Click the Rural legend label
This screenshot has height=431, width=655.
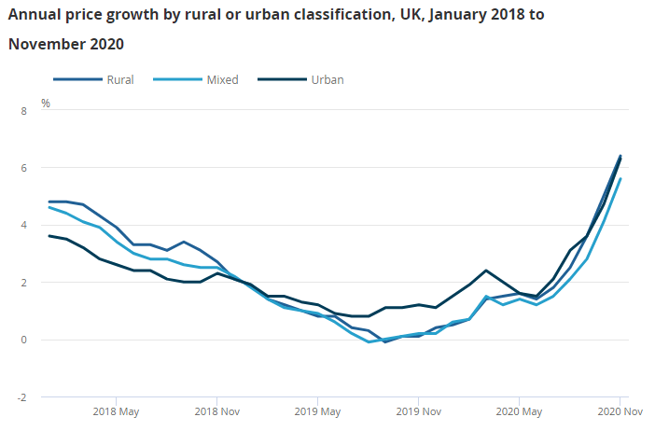point(120,79)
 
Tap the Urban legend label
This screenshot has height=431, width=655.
point(327,79)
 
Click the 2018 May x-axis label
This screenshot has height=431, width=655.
point(117,411)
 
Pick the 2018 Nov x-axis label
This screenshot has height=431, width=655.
point(217,411)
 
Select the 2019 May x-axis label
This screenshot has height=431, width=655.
point(318,411)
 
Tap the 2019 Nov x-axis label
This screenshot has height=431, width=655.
point(419,411)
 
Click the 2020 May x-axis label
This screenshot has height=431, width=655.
point(520,411)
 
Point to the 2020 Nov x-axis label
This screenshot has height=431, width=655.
point(620,411)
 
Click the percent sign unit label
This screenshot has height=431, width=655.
point(45,103)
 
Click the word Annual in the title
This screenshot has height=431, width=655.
point(35,15)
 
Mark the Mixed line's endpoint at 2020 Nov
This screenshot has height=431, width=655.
point(620,179)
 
